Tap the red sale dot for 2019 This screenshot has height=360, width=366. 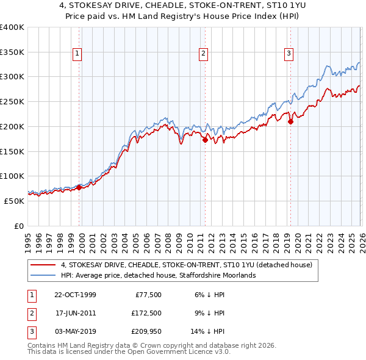pyautogui.click(x=290, y=121)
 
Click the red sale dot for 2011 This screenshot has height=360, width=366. pyautogui.click(x=205, y=140)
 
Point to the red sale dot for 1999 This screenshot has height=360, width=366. pyautogui.click(x=79, y=187)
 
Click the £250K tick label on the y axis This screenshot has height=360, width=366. pyautogui.click(x=12, y=101)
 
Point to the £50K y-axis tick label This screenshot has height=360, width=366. pyautogui.click(x=14, y=201)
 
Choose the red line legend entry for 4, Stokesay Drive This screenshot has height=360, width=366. pyautogui.click(x=187, y=265)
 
